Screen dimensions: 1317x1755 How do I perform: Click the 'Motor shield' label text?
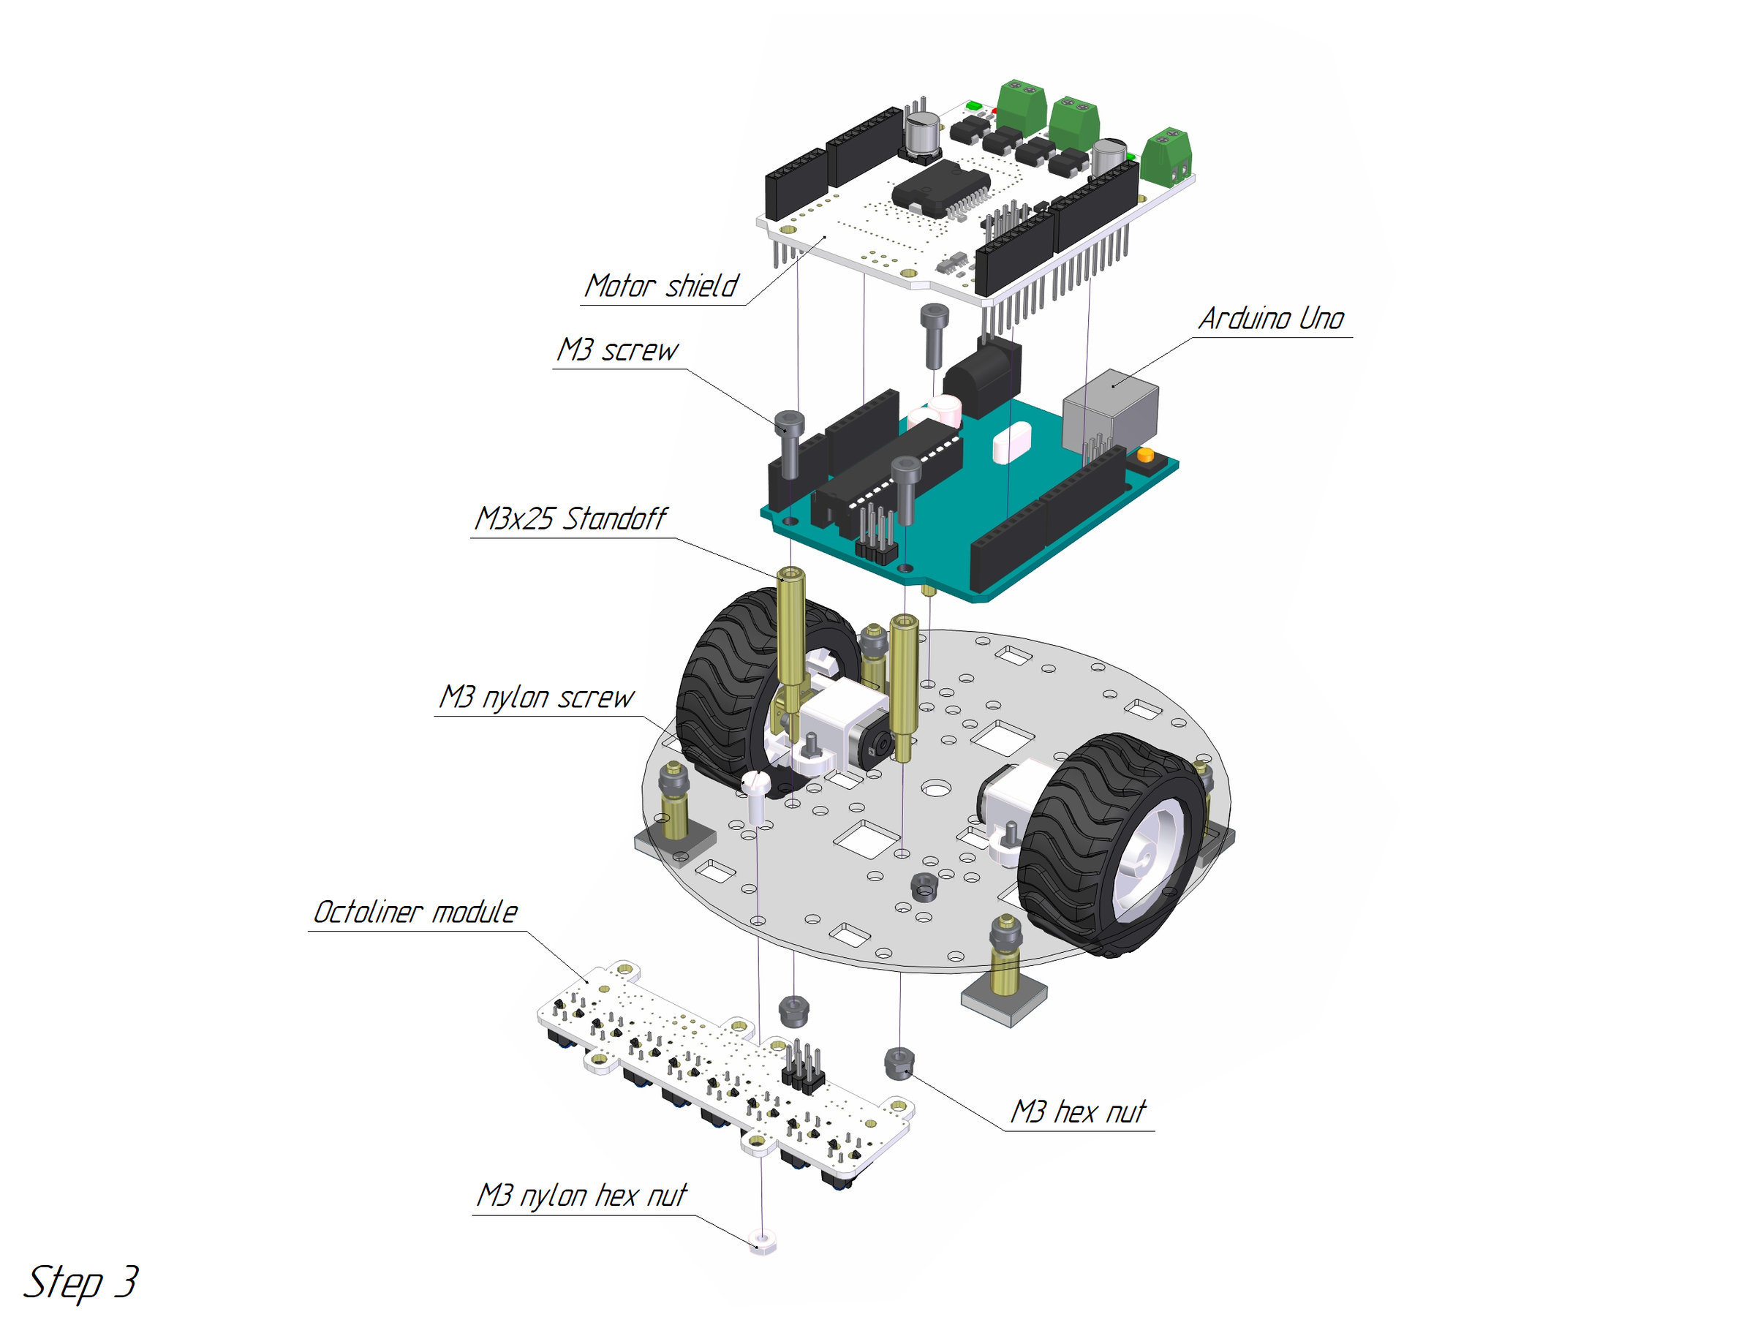661,287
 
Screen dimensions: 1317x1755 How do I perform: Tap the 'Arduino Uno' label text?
1270,319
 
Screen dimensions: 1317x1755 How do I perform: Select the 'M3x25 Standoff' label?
570,519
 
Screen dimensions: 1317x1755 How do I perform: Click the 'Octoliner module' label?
415,913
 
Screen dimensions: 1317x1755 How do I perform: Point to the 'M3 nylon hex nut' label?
581,1196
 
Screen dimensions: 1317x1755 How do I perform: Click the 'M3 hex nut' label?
1077,1112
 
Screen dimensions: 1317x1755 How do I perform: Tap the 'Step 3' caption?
81,1282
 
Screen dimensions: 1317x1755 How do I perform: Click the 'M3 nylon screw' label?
536,698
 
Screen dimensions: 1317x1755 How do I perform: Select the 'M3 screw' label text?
616,350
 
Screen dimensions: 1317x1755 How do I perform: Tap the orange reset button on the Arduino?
1145,456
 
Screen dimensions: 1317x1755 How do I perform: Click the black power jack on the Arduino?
982,373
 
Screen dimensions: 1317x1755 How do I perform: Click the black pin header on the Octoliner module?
802,1067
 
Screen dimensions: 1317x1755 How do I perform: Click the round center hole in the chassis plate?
936,788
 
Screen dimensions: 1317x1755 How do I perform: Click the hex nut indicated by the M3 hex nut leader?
899,1063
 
